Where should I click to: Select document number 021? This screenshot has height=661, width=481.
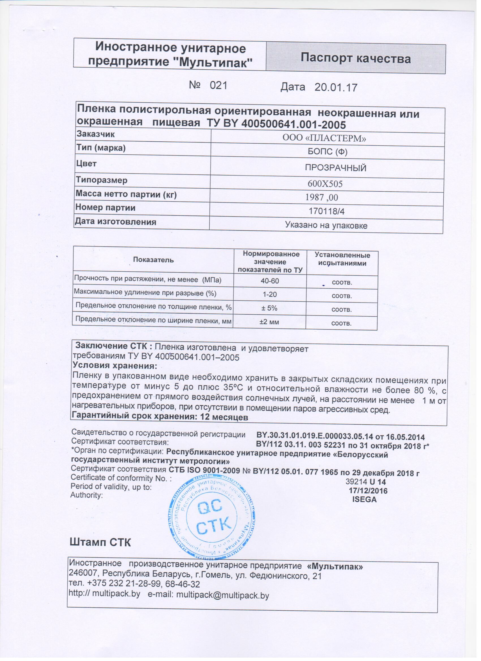point(218,85)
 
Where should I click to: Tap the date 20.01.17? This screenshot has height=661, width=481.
point(336,87)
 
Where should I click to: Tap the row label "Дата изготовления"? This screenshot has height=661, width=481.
point(116,222)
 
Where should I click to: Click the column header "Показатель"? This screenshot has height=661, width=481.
point(153,260)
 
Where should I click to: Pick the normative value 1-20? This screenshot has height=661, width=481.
point(270,294)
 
